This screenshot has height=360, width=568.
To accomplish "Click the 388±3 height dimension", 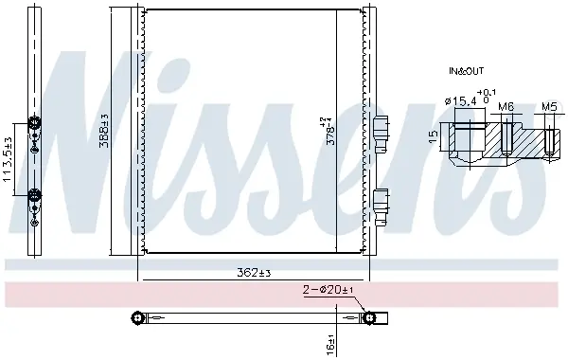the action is tap(104, 131).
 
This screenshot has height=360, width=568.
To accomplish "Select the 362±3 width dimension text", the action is tap(254, 273).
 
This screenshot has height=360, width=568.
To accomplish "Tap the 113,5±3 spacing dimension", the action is tap(8, 159).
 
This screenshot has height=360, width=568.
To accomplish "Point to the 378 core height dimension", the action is tap(330, 131).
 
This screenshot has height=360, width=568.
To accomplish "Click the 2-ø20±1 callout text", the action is tap(328, 290).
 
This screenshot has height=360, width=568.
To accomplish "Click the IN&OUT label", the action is tap(466, 71).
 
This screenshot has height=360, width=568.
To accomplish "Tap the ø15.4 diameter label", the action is tap(460, 102).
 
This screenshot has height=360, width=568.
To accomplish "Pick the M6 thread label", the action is tap(506, 107).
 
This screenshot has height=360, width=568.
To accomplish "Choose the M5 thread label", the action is tap(549, 107).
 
